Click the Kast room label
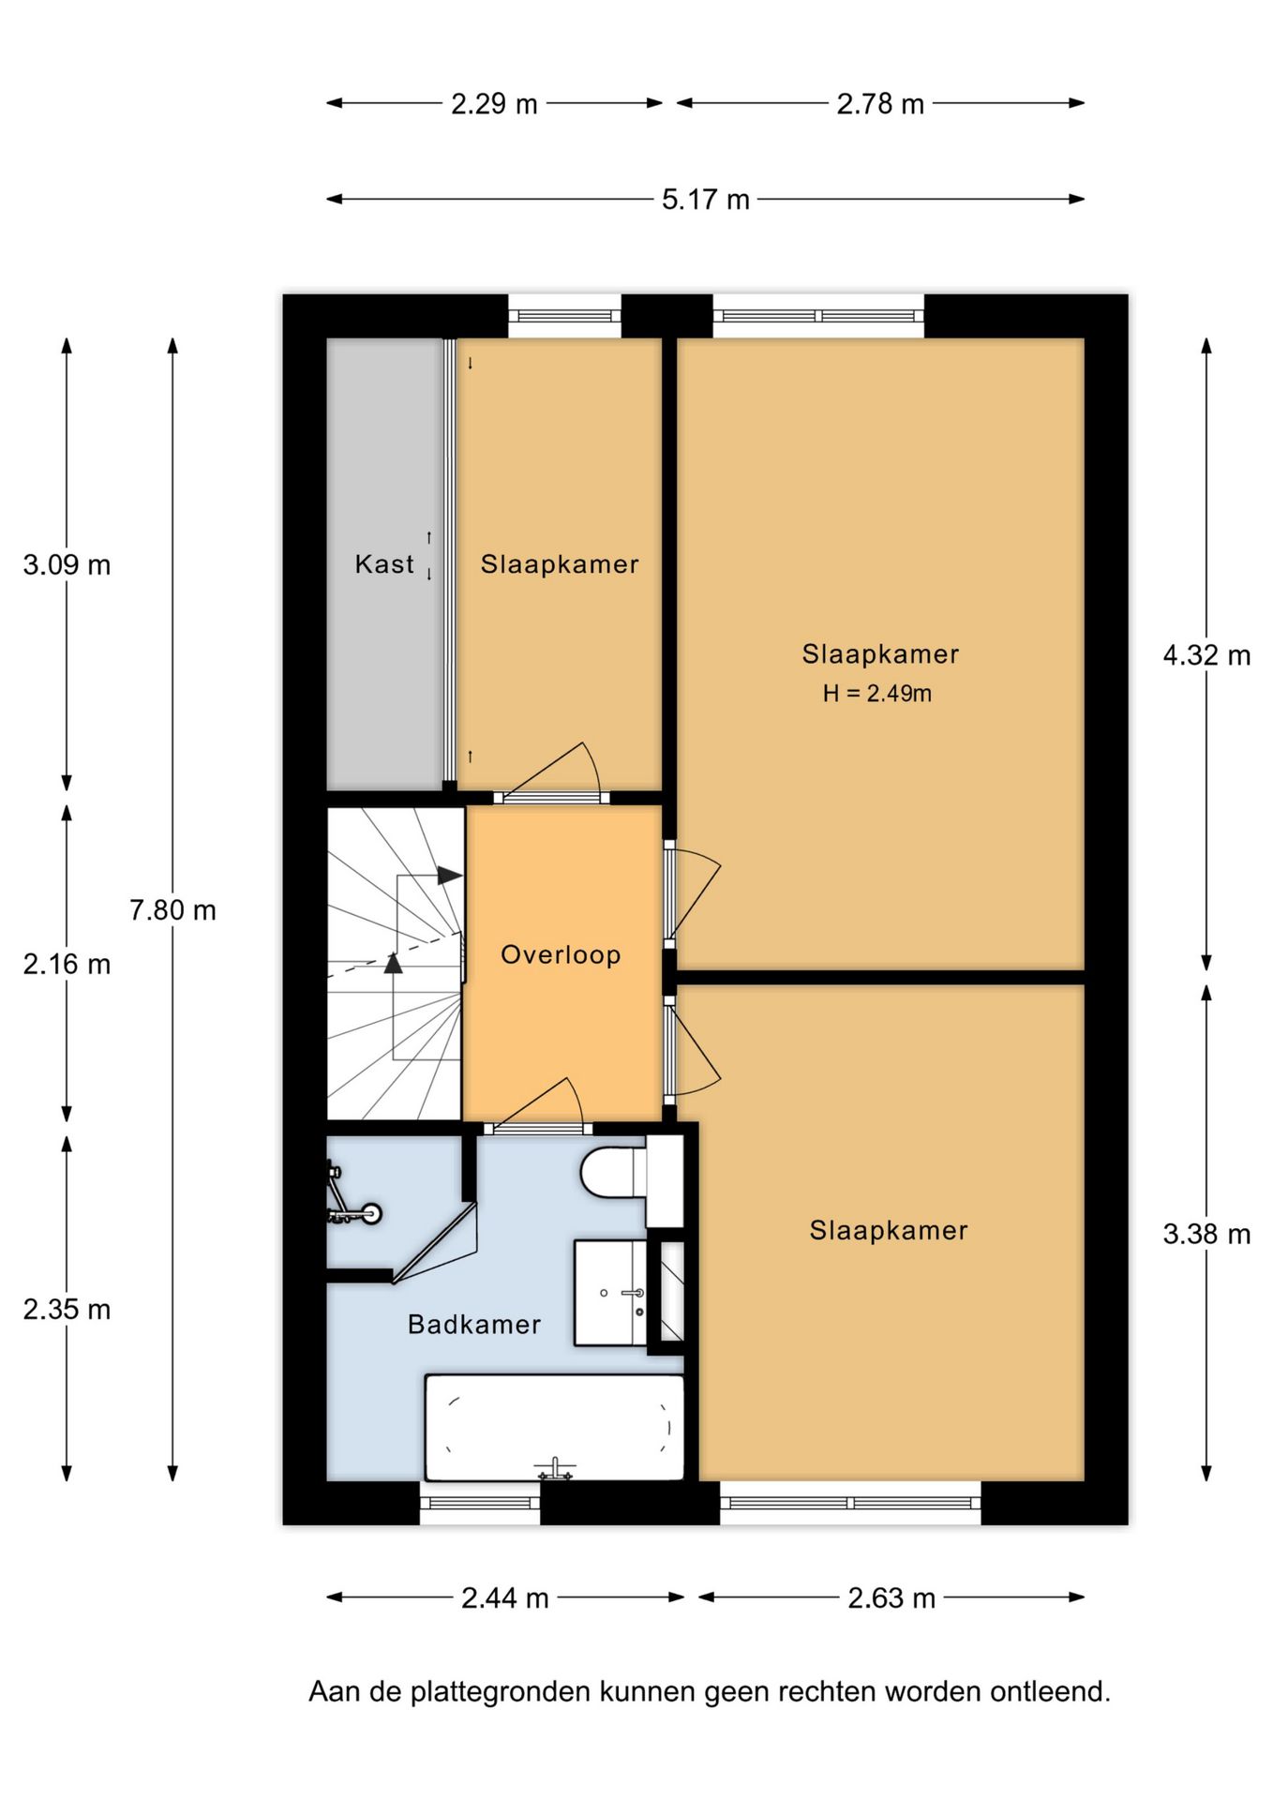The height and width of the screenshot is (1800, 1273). (384, 564)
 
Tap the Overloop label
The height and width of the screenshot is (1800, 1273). (561, 955)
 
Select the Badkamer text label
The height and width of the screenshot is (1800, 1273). (474, 1325)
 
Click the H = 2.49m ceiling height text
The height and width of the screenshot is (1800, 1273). (877, 694)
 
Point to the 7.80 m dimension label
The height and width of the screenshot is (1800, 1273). (173, 910)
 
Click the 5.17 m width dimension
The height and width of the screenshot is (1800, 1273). (706, 200)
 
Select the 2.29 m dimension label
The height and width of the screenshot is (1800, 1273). (494, 104)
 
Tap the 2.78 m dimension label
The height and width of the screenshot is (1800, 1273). (880, 104)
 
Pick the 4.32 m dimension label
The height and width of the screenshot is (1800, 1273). (1207, 655)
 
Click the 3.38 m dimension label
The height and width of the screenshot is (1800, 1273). (1207, 1235)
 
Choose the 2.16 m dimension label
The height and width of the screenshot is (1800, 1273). (67, 965)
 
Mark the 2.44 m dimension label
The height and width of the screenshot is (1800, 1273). (505, 1597)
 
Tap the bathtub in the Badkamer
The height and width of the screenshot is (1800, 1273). (555, 1428)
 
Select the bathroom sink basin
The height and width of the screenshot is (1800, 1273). (611, 1293)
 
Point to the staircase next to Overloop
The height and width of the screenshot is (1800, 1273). (395, 964)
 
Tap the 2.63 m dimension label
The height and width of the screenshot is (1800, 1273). (891, 1597)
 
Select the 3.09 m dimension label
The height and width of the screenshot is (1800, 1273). (67, 565)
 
